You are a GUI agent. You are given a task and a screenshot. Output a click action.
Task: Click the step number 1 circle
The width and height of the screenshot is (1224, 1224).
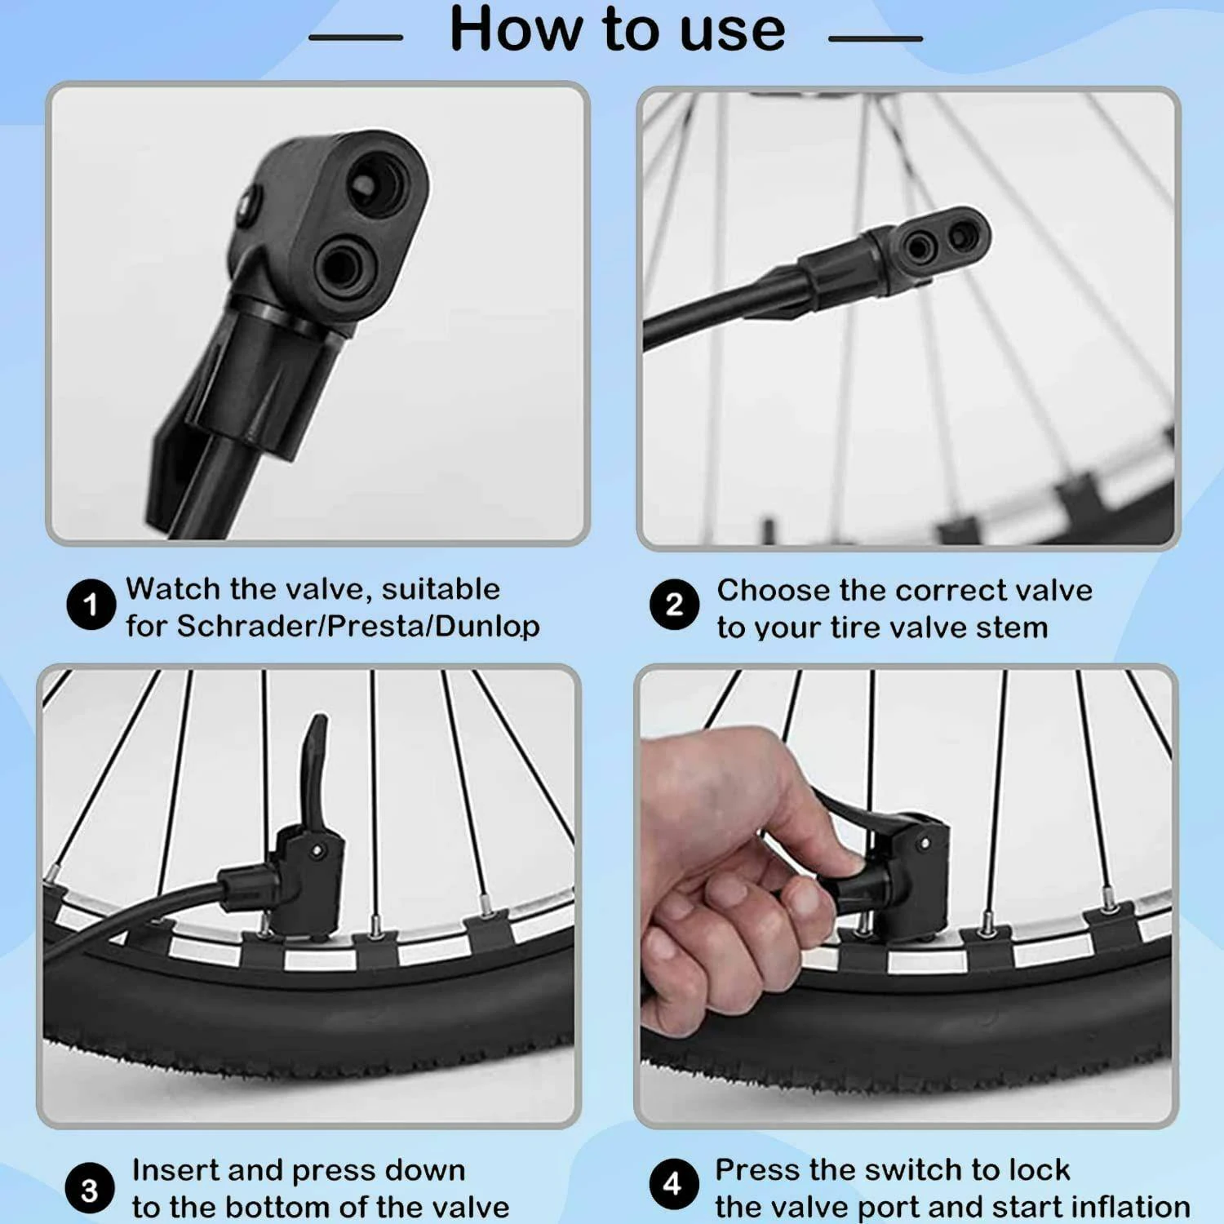(x=91, y=605)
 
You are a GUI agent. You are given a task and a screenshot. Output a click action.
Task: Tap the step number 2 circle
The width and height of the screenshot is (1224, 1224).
(x=674, y=605)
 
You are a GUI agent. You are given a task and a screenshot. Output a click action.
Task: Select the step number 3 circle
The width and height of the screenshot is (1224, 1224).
(x=90, y=1190)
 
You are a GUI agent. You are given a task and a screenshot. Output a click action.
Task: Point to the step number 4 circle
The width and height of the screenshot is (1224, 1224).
(x=672, y=1185)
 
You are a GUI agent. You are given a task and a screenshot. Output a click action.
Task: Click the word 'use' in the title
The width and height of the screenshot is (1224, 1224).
(x=732, y=29)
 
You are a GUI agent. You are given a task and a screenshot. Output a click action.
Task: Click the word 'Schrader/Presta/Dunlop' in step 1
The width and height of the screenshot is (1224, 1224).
(x=358, y=627)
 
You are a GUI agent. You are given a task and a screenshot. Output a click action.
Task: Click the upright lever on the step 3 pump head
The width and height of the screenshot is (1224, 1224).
(x=314, y=771)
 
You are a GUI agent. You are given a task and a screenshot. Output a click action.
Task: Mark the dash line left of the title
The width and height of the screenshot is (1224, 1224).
(x=357, y=38)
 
